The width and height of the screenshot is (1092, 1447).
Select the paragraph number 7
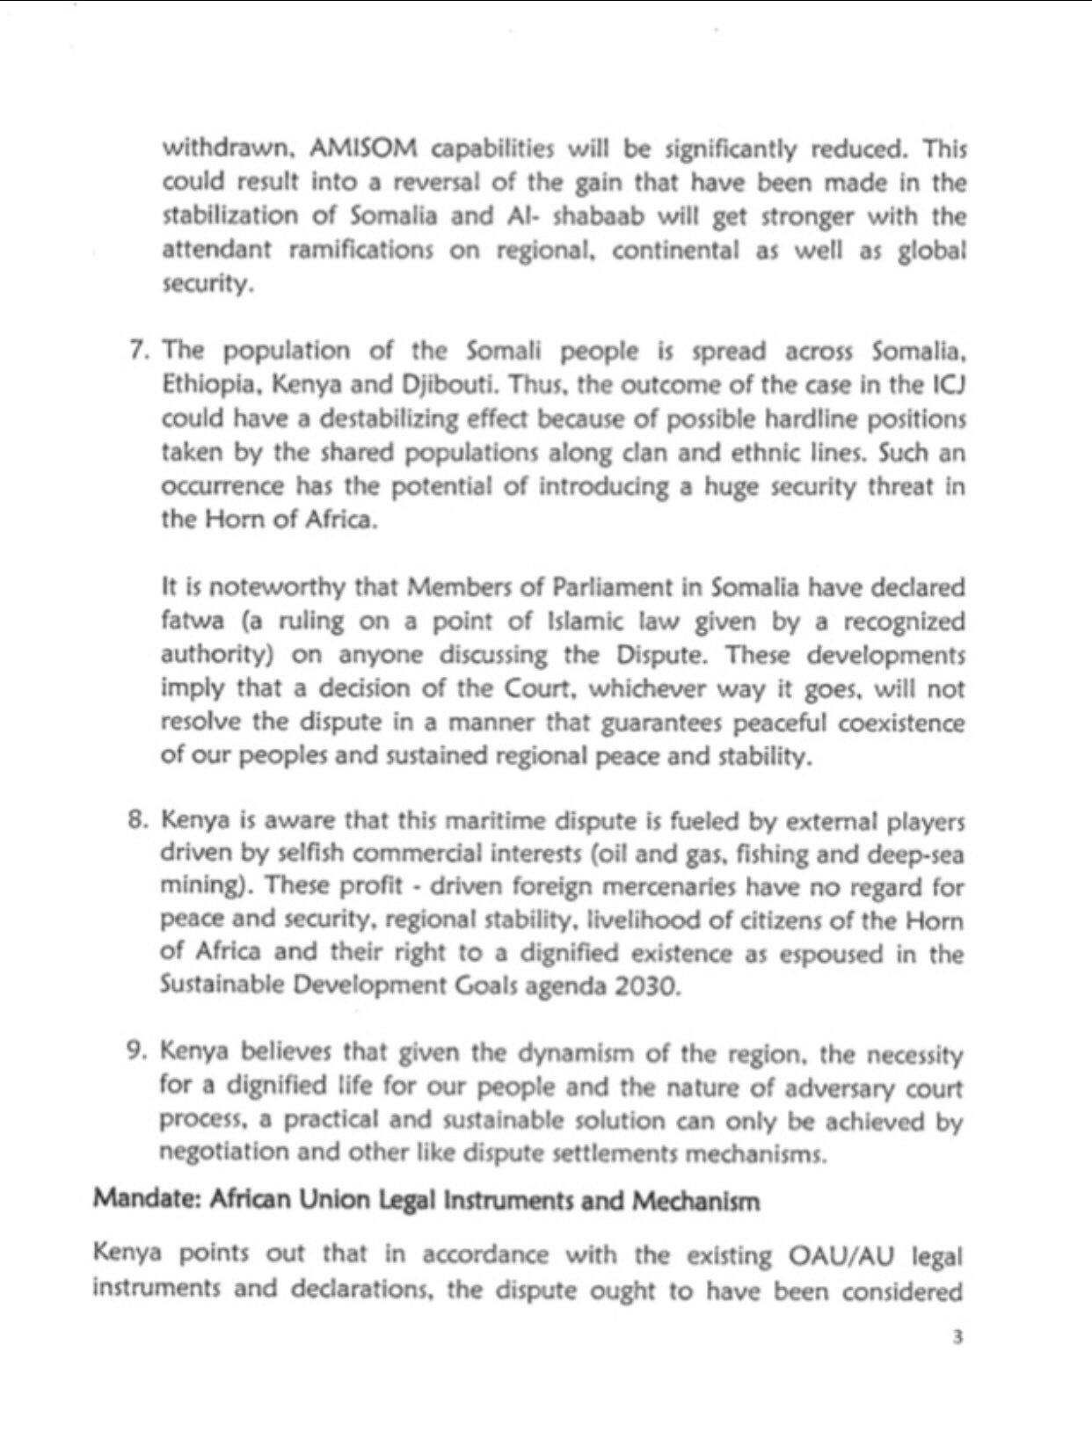coord(139,350)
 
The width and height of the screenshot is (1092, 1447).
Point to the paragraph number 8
coord(139,820)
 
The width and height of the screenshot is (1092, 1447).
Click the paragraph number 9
coord(139,1052)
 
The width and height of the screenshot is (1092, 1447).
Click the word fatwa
coord(187,621)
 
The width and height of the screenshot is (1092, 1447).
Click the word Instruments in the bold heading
coord(509,1201)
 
